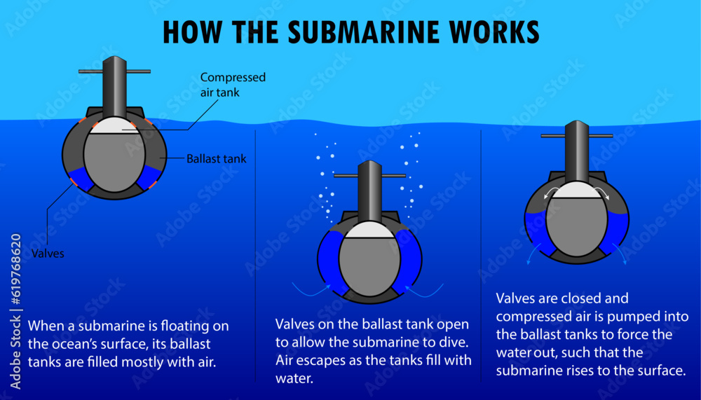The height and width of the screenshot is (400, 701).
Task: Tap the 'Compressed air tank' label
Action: click(233, 84)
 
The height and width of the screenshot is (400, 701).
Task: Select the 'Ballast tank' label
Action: click(217, 159)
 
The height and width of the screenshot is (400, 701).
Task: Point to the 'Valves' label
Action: click(48, 254)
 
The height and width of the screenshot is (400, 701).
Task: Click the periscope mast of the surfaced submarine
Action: click(114, 88)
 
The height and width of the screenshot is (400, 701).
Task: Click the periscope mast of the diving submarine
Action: click(369, 192)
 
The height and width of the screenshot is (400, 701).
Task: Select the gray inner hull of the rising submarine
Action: click(576, 227)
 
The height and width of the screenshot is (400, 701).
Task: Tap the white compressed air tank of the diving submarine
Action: click(369, 231)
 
